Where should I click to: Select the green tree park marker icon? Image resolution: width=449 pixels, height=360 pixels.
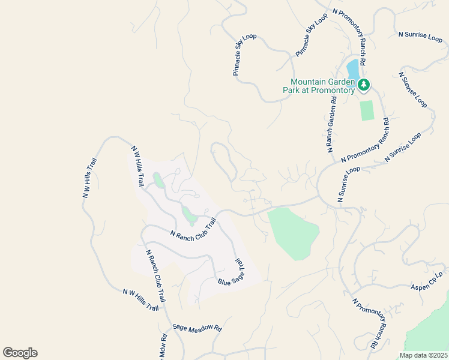[363, 85]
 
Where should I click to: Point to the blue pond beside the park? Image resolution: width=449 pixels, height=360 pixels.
[352, 69]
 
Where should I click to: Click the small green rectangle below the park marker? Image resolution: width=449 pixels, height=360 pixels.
[366, 110]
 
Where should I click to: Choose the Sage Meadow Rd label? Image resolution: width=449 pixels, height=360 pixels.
[197, 328]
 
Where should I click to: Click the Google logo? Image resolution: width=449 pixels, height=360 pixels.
[20, 353]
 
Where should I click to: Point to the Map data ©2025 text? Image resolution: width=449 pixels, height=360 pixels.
[423, 355]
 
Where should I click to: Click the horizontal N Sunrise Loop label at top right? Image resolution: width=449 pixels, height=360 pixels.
[420, 35]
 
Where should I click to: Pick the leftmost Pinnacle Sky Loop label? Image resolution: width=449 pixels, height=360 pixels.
[244, 55]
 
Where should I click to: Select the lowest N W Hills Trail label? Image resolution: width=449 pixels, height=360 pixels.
[140, 300]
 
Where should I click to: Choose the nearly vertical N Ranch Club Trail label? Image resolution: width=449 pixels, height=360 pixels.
[155, 275]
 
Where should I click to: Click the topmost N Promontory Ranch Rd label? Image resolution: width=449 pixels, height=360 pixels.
[351, 36]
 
